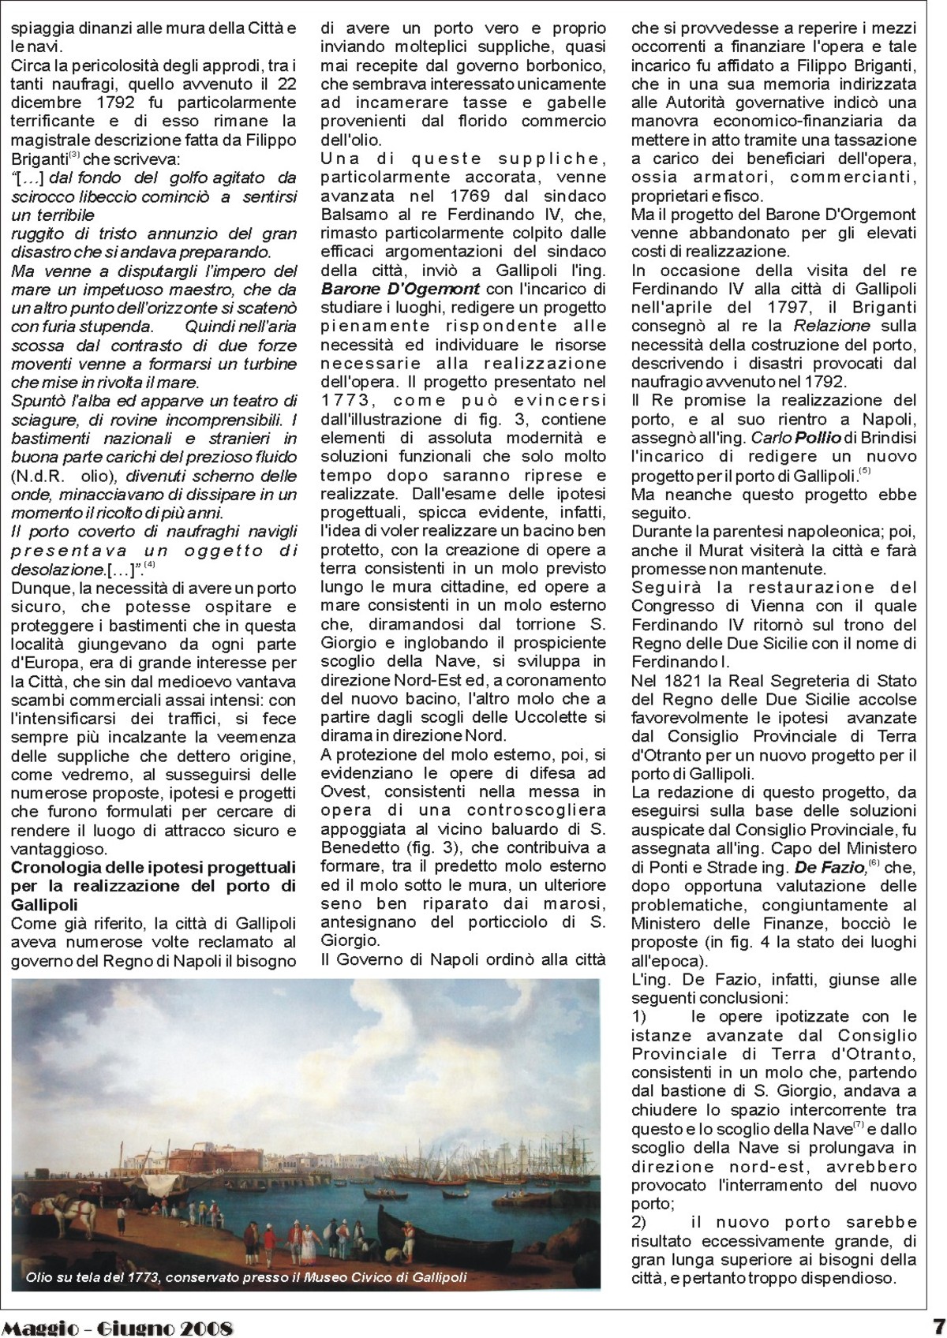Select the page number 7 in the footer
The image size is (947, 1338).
pos(938,1325)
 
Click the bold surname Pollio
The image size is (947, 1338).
pos(798,438)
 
